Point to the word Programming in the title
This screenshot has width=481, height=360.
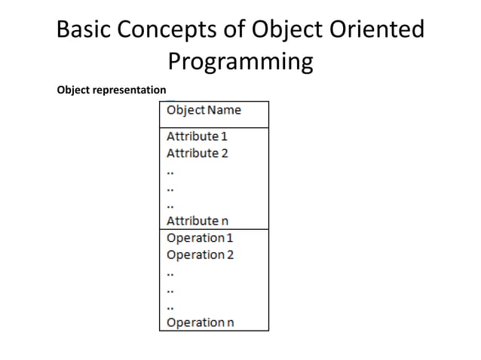[x=240, y=61]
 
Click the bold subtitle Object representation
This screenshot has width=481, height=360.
[x=112, y=91]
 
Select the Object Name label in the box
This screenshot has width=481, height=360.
[x=204, y=110]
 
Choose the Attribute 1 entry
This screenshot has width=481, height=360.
[x=197, y=136]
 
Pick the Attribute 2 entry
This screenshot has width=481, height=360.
[x=197, y=153]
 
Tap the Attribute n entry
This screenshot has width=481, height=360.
[x=197, y=221]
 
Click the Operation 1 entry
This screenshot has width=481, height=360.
[x=200, y=237]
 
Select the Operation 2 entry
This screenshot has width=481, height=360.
[x=200, y=255]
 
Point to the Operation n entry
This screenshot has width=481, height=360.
[x=200, y=322]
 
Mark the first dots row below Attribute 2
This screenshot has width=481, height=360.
[x=170, y=171]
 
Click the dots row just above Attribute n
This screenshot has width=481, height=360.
[x=170, y=204]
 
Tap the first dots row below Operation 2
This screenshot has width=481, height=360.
[x=170, y=272]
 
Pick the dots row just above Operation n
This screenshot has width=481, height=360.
[x=170, y=306]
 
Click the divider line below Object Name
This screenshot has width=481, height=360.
[x=213, y=127]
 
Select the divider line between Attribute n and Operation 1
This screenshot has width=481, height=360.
[x=213, y=229]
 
